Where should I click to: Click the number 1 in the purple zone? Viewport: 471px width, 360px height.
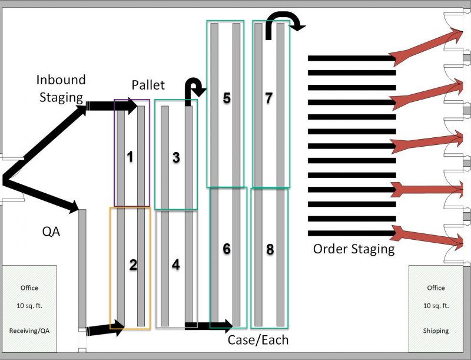130,157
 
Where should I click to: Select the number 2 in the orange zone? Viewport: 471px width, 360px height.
133,265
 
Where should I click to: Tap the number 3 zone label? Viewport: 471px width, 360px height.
175,157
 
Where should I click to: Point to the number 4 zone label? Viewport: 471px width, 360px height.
175,265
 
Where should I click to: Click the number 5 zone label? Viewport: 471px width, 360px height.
226,98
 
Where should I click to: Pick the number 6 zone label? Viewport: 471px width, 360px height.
226,249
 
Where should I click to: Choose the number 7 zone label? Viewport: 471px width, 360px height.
268,98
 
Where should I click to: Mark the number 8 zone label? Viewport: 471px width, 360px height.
270,249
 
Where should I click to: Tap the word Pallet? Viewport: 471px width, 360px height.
148,85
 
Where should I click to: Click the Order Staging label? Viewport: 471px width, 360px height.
353,249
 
